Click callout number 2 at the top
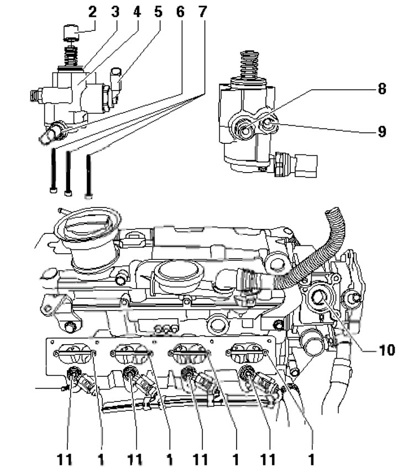click(92, 12)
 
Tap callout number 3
click(115, 12)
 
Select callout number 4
click(137, 12)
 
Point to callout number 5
click(158, 12)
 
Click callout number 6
click(180, 12)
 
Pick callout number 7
click(202, 12)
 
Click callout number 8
click(381, 89)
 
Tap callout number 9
click(381, 131)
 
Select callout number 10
click(386, 350)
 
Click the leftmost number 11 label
click(65, 459)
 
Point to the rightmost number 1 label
click(311, 459)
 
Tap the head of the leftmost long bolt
click(53, 190)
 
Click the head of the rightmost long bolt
click(88, 196)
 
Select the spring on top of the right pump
click(249, 65)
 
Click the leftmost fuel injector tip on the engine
click(73, 373)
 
